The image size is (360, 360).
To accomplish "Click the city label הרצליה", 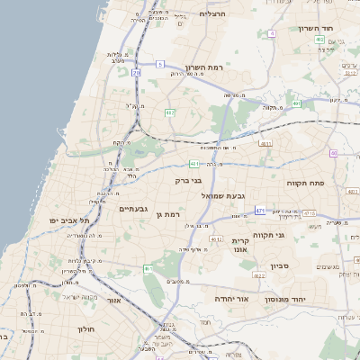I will (212, 14).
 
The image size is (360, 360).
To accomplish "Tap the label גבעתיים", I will (133, 209).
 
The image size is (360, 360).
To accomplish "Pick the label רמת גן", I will (168, 214).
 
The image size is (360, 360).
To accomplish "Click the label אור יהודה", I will (231, 298).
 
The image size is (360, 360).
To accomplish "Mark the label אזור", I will (113, 300).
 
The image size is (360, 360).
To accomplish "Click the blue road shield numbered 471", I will (260, 211).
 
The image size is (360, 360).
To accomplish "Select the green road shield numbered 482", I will (169, 112).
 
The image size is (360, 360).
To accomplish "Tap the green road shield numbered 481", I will (193, 164).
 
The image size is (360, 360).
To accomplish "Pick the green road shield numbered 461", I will (148, 268).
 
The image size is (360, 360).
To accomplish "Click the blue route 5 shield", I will (159, 64).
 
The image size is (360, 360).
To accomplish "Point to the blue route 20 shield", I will (136, 72).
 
